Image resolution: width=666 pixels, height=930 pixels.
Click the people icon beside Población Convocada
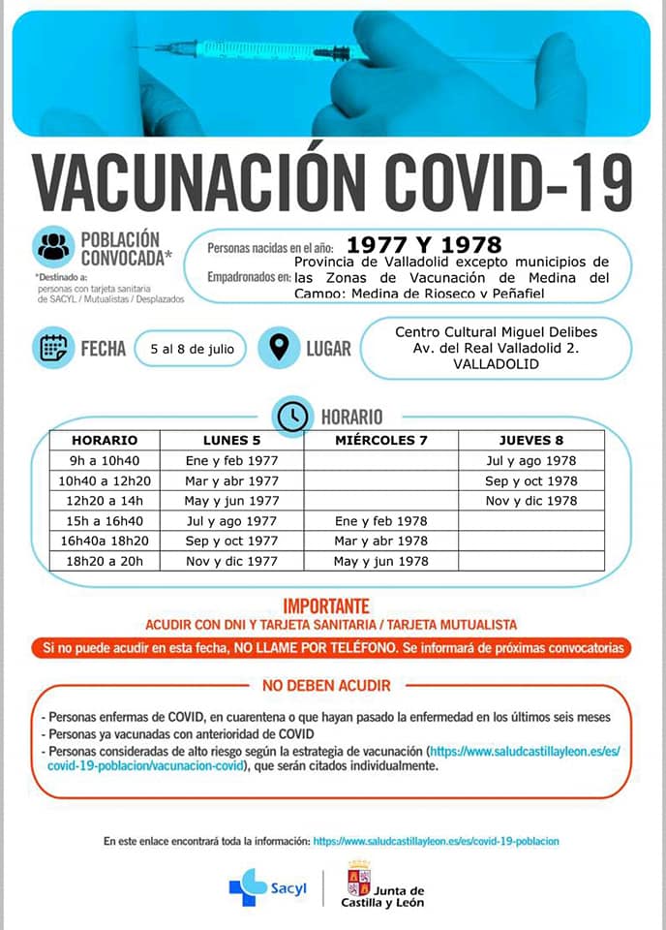click(x=54, y=247)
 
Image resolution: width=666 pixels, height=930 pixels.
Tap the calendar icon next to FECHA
click(x=54, y=348)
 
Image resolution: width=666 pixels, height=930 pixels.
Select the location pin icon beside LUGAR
click(x=280, y=348)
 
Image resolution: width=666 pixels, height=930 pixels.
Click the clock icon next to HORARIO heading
click(x=292, y=417)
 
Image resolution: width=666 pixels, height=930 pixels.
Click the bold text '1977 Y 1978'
click(x=425, y=244)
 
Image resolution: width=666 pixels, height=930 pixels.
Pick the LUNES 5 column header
click(x=231, y=440)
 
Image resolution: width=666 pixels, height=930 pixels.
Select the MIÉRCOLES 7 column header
click(x=380, y=440)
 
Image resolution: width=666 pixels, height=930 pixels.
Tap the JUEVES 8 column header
click(x=530, y=440)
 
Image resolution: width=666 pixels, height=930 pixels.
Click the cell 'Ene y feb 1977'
click(x=231, y=460)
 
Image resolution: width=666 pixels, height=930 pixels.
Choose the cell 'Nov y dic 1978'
click(x=530, y=501)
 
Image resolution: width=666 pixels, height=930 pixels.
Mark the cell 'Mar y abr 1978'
click(x=380, y=541)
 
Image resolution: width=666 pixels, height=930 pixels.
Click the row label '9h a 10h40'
click(x=105, y=460)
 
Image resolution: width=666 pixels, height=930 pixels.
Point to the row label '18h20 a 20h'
click(x=105, y=561)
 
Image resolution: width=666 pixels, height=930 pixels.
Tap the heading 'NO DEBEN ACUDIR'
click(x=326, y=686)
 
